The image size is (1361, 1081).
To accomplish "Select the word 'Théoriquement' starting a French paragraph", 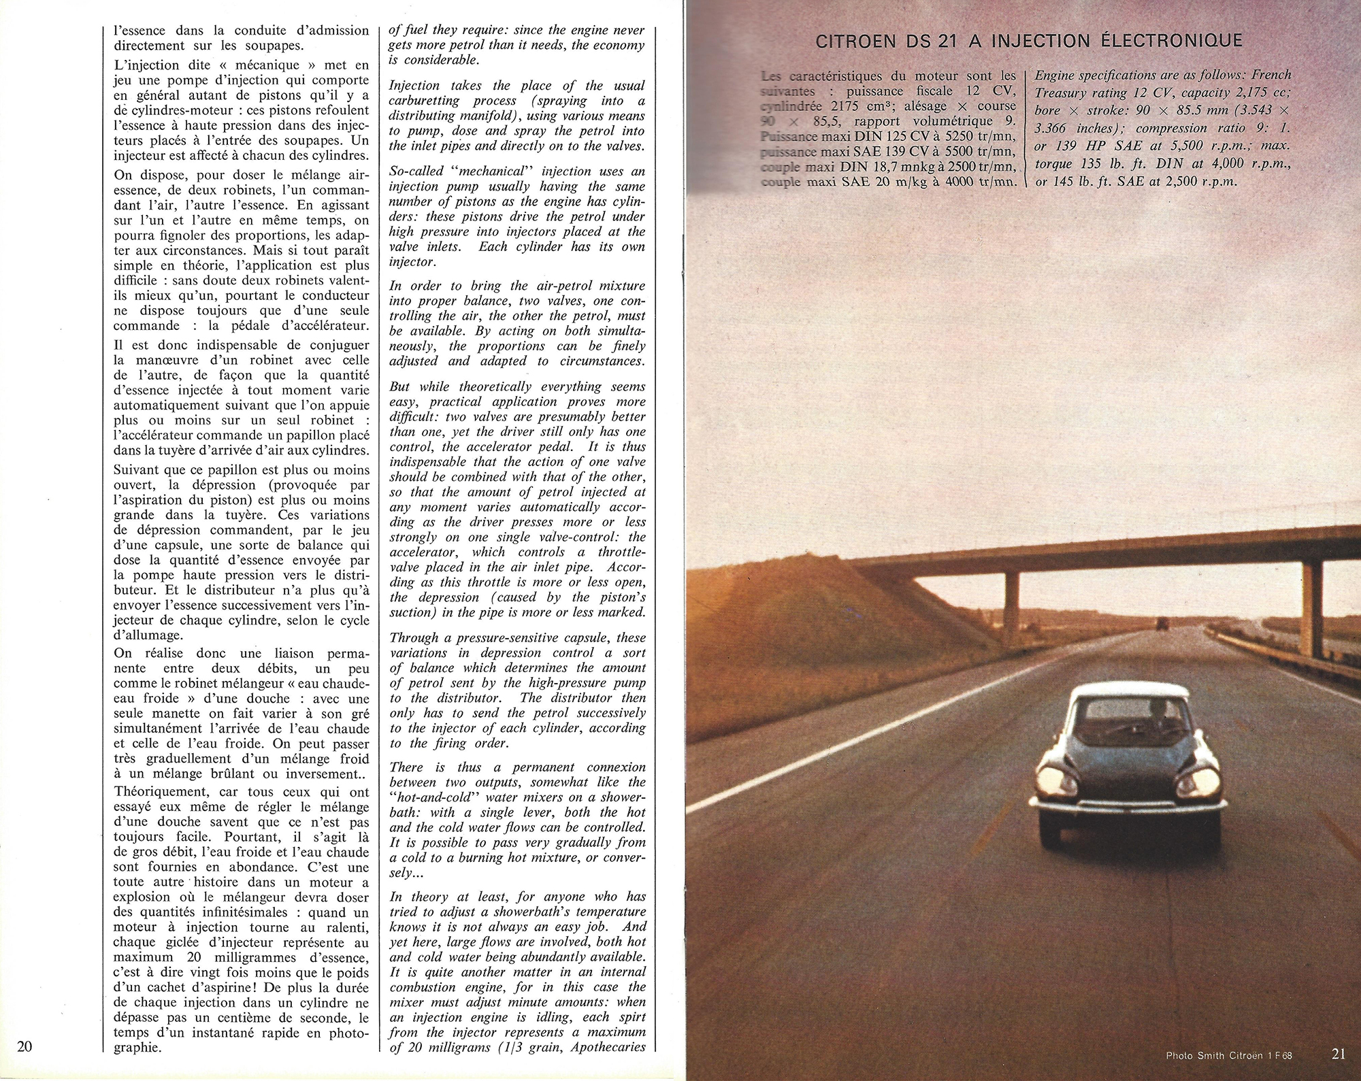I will [157, 792].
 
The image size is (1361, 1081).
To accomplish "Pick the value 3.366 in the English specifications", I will [1055, 128].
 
